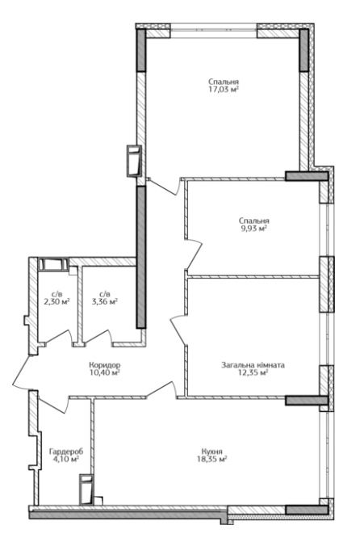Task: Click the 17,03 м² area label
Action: click(x=224, y=90)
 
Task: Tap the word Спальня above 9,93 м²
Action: click(x=254, y=221)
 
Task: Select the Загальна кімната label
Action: click(x=253, y=365)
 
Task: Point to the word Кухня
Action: click(x=212, y=452)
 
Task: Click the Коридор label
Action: click(x=105, y=365)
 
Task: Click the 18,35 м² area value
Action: click(x=212, y=459)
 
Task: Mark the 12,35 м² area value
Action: click(x=253, y=372)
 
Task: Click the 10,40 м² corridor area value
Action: click(x=105, y=372)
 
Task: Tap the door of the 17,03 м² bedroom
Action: click(x=164, y=187)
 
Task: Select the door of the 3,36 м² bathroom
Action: click(x=97, y=337)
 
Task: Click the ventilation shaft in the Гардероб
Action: click(x=86, y=490)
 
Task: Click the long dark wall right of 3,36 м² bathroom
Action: click(x=141, y=258)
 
